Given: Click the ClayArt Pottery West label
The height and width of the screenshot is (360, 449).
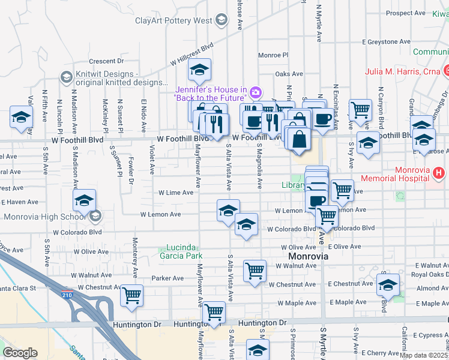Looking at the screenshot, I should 173,20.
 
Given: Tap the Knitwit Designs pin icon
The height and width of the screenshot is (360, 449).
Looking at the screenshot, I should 65,77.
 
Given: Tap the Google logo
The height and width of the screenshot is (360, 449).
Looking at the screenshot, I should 20,353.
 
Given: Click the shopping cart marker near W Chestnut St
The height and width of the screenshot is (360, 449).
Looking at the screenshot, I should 131,295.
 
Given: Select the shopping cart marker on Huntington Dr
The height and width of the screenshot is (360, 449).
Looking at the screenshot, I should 214,312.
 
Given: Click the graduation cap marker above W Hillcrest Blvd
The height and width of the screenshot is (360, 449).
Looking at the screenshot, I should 199,70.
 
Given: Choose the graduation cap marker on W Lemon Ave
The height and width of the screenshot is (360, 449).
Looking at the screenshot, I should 228,210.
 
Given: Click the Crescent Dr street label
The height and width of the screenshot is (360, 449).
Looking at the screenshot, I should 106,61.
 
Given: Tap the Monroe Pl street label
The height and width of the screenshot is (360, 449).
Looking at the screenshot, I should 273,55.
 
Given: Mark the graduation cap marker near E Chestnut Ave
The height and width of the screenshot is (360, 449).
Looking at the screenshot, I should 388,284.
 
